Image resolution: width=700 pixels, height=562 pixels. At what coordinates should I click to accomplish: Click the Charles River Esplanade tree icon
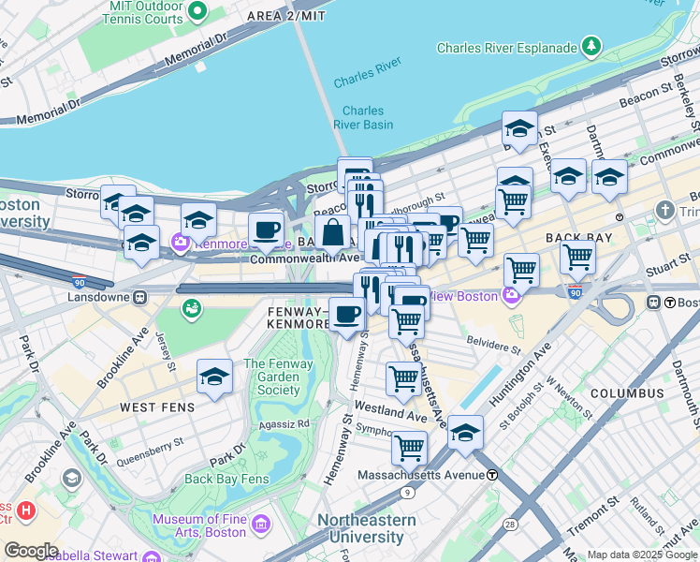pyautogui.click(x=591, y=45)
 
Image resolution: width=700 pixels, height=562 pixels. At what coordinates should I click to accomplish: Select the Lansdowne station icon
pyautogui.click(x=139, y=298)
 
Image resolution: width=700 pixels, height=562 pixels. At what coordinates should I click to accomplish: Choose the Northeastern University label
pyautogui.click(x=359, y=528)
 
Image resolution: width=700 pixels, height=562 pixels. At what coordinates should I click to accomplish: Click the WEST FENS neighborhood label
pyautogui.click(x=156, y=408)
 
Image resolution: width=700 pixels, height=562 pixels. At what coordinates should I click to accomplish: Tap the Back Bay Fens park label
pyautogui.click(x=226, y=479)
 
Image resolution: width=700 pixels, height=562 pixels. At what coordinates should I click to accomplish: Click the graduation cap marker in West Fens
pyautogui.click(x=214, y=377)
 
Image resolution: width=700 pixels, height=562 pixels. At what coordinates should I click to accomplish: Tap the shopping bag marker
pyautogui.click(x=332, y=233)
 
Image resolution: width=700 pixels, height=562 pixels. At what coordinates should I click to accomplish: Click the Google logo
pyautogui.click(x=30, y=550)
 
